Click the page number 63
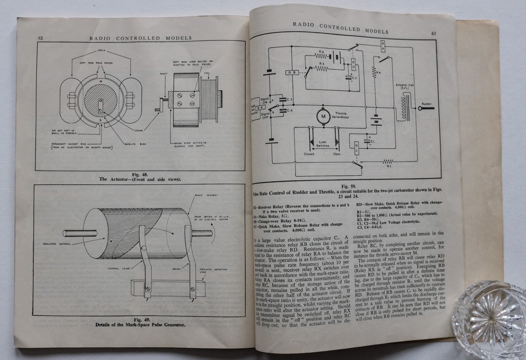pyautogui.click(x=434, y=34)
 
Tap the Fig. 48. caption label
pyautogui.click(x=140, y=175)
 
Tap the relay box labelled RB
pyautogui.click(x=291, y=73)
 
